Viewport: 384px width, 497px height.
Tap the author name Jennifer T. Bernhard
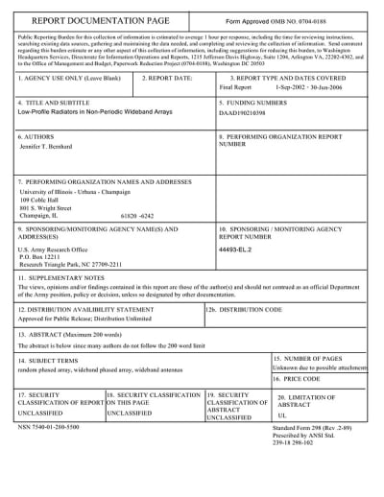(53, 148)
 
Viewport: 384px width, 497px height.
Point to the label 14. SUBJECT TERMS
(50, 359)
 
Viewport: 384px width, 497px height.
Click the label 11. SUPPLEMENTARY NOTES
(61, 275)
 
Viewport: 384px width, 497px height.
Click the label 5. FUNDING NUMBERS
(254, 102)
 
